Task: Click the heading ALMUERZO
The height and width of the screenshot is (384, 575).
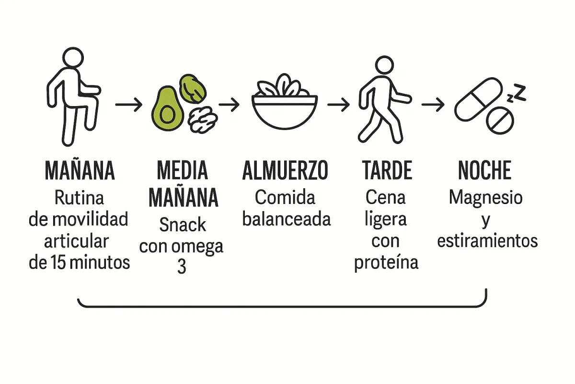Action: coord(286,171)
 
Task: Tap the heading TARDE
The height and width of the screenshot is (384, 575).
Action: coord(387,171)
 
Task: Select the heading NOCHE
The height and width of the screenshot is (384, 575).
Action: coord(484,171)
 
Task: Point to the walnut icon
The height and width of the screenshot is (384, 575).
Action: coord(203,120)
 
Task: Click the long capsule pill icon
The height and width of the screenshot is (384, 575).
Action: coord(478,101)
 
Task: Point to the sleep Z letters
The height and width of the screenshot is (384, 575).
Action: coord(517,94)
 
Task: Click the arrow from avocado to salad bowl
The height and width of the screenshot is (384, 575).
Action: coord(229,105)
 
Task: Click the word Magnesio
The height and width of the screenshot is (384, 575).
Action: coord(485,197)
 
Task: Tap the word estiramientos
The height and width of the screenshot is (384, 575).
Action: coord(487,240)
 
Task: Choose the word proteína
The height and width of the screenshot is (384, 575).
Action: coord(386,263)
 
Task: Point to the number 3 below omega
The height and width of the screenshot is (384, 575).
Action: coord(182,267)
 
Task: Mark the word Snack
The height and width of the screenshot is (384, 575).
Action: coord(183,224)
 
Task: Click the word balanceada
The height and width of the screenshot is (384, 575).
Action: coord(287,219)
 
